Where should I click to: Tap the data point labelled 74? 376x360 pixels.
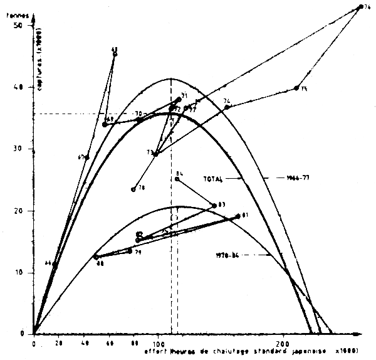point(227,107)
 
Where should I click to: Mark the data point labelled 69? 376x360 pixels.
point(105,124)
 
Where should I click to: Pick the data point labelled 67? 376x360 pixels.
point(87,157)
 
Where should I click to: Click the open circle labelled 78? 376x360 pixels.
point(133,189)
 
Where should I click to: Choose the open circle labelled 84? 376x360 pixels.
point(177,179)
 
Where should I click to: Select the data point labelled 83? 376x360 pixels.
point(214,206)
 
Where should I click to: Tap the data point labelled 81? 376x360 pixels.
point(238,216)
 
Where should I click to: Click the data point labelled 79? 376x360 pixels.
point(130,251)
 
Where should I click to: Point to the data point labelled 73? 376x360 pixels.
point(156,153)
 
